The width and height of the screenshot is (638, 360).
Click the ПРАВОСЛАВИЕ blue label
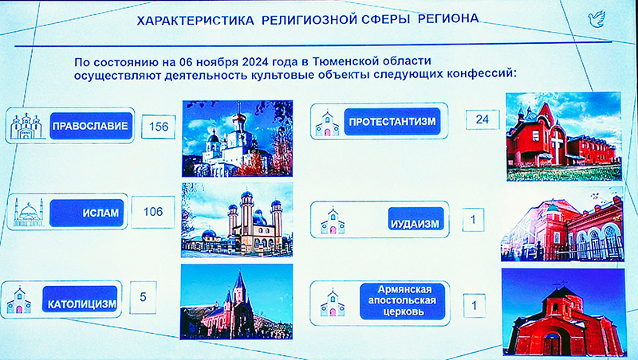click(x=91, y=126)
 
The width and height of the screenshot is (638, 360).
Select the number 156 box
click(x=159, y=127)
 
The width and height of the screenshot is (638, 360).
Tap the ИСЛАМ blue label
click(x=87, y=213)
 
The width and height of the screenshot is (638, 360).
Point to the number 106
click(x=153, y=212)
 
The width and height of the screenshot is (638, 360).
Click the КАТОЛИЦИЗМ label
click(x=80, y=299)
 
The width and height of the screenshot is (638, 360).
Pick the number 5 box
click(x=143, y=297)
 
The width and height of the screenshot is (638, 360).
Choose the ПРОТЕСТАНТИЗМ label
click(x=392, y=122)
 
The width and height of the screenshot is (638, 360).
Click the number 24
click(x=482, y=119)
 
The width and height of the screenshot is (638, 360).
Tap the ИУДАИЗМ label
click(x=415, y=219)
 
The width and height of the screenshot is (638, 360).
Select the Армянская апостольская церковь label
click(x=403, y=301)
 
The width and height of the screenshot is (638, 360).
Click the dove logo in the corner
click(x=597, y=19)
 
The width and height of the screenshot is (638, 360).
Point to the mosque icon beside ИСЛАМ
click(x=29, y=212)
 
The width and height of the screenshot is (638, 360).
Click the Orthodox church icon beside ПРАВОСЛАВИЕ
click(x=26, y=126)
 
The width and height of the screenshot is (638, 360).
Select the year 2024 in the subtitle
click(x=254, y=62)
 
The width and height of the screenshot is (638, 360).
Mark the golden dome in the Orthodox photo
click(x=239, y=118)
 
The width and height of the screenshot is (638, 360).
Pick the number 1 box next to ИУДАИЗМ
click(x=473, y=220)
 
